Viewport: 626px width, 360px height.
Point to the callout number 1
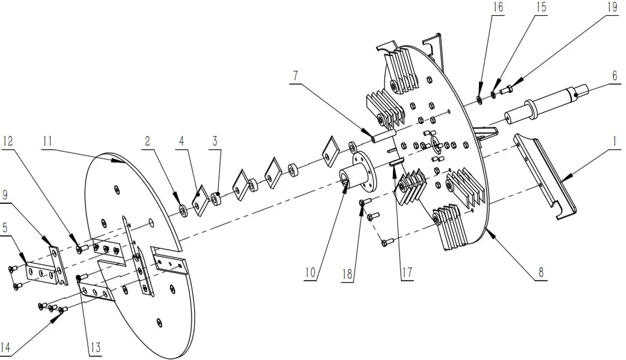[615, 141]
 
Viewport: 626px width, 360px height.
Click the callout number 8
[541, 272]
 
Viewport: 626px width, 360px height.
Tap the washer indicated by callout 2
[183, 210]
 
